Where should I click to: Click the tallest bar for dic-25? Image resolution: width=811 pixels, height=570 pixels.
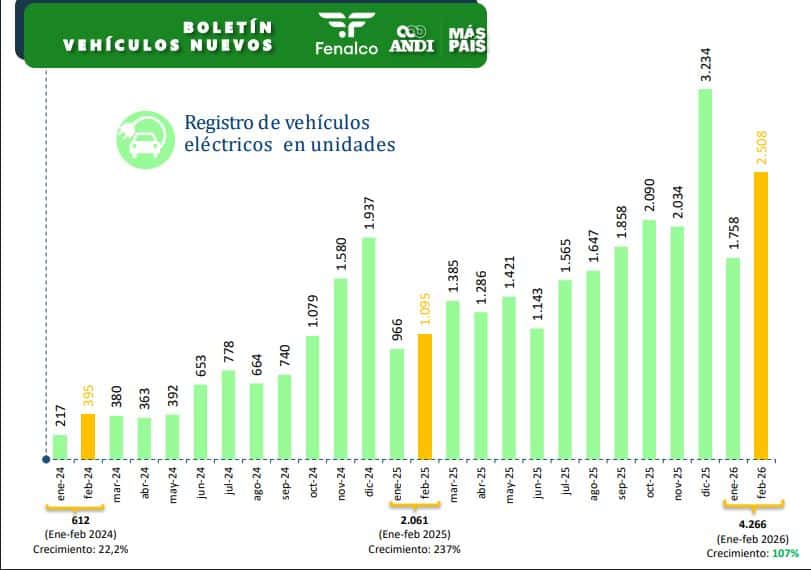pyautogui.click(x=705, y=275)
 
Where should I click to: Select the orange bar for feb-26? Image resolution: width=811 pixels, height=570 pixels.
pyautogui.click(x=761, y=315)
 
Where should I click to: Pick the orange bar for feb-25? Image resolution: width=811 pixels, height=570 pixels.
pyautogui.click(x=425, y=396)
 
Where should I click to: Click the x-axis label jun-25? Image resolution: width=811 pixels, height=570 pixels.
pyautogui.click(x=537, y=484)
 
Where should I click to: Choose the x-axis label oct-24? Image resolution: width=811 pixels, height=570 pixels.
pyautogui.click(x=312, y=484)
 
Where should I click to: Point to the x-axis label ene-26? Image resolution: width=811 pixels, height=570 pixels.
pyautogui.click(x=733, y=484)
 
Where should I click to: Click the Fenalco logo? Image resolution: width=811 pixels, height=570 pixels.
pyautogui.click(x=345, y=34)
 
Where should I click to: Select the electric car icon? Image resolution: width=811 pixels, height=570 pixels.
pyautogui.click(x=144, y=138)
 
